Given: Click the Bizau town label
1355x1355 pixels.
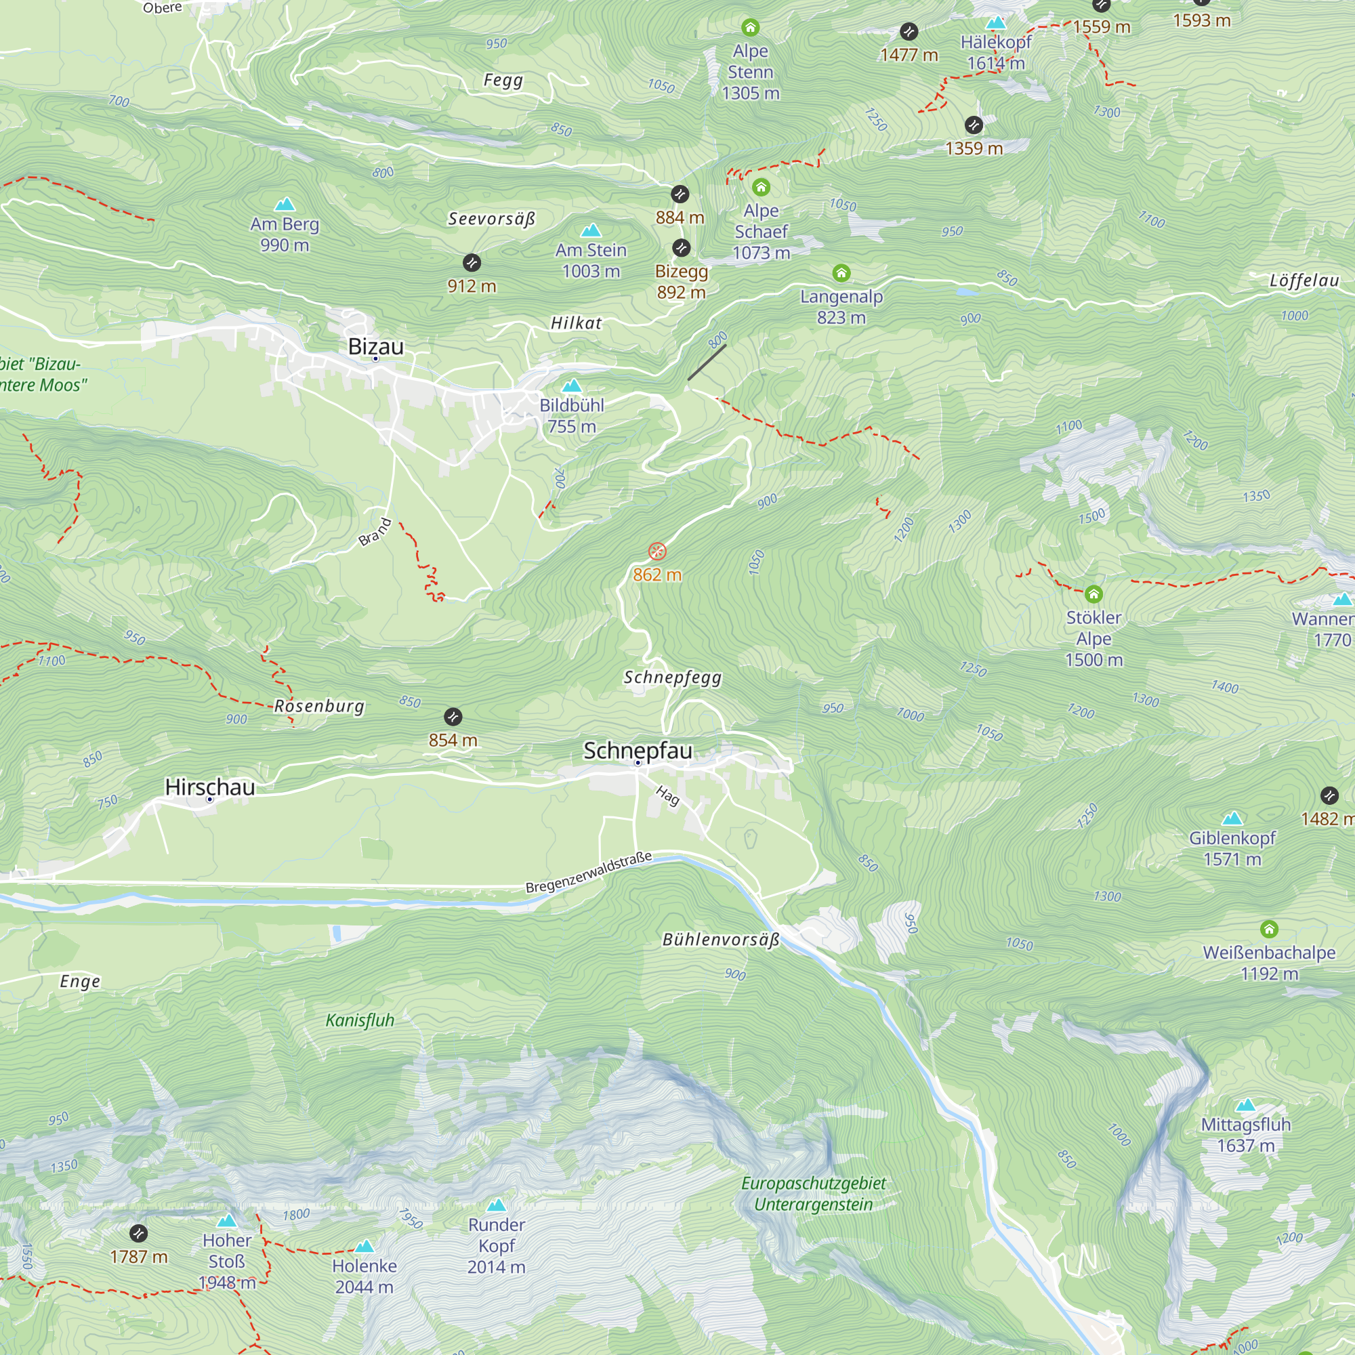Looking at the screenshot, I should point(376,346).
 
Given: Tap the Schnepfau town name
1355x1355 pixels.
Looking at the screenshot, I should point(638,751).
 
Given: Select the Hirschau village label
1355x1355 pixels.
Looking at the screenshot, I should point(210,787).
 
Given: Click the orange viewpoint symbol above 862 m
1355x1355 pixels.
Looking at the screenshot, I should point(657,551).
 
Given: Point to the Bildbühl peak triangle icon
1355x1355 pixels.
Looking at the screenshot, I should point(572,385).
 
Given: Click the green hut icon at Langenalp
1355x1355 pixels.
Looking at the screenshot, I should point(841,273).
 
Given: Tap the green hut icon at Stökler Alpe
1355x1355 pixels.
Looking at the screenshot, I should point(1093,595).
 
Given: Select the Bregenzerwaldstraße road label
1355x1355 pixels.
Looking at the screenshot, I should point(589,873).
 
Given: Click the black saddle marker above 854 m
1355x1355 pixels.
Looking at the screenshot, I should point(453,717).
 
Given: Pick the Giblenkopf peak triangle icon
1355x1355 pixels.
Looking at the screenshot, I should point(1232,818).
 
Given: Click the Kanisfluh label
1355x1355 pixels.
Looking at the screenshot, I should point(360,1020).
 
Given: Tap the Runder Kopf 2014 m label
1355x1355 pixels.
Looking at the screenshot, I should point(497,1246).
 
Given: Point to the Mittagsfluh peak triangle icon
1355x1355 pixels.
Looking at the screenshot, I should point(1246,1105).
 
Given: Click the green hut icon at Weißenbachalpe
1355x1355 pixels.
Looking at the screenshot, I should point(1269,930).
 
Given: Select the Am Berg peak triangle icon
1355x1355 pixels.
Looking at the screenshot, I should point(285,205).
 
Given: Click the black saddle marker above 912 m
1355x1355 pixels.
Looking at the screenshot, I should point(472,263).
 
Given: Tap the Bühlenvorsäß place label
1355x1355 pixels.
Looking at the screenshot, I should point(721,940).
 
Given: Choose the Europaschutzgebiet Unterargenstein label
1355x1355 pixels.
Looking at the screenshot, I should point(814,1194).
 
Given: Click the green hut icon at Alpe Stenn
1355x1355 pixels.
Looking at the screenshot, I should point(751,28).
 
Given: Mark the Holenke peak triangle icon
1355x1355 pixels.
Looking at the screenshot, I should point(364,1247).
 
